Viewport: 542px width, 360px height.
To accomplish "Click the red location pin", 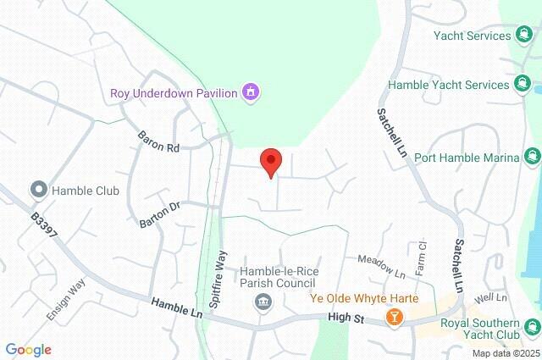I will click(270, 161).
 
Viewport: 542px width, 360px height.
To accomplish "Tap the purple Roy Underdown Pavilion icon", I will click(250, 91).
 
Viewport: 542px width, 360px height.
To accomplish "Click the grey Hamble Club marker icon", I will click(37, 189).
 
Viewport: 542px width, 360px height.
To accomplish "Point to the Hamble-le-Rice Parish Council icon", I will click(263, 302).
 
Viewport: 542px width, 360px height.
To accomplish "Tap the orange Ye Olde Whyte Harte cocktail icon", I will click(393, 317).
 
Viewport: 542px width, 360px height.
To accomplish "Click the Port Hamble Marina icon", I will click(532, 155).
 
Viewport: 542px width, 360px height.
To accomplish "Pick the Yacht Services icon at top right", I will click(525, 36).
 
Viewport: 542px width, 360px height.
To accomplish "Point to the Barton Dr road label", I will click(160, 213).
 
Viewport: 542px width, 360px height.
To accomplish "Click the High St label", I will click(346, 318).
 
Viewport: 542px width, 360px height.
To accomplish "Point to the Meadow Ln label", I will click(381, 266).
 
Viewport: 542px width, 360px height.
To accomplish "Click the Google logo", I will click(28, 349).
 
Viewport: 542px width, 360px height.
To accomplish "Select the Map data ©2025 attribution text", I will click(506, 353).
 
